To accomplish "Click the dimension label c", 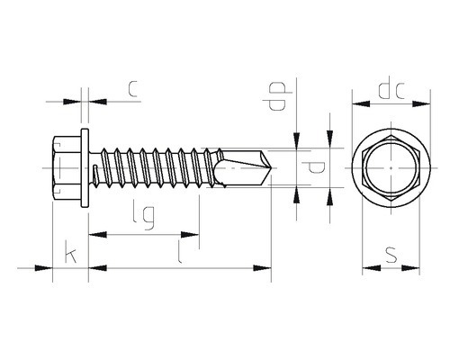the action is click(133, 88).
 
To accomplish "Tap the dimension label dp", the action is click(277, 96).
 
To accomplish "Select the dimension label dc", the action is click(391, 87).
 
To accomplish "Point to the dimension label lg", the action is click(145, 218).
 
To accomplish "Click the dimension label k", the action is click(71, 256).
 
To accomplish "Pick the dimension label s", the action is click(391, 255).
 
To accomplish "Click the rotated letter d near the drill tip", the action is click(313, 167).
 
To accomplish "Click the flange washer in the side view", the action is click(85, 168).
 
